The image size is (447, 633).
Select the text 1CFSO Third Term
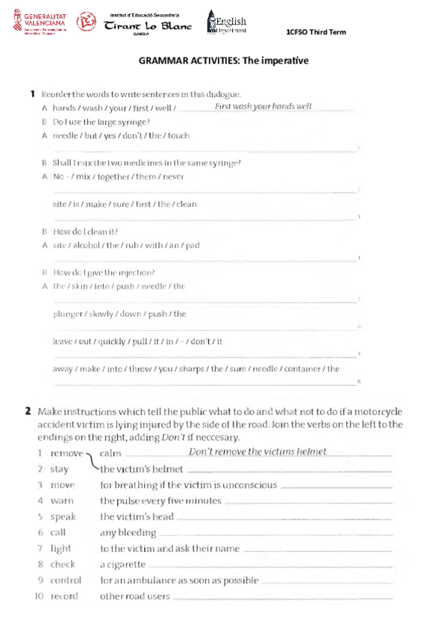pyautogui.click(x=316, y=32)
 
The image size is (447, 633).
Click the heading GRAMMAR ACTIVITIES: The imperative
pyautogui.click(x=223, y=60)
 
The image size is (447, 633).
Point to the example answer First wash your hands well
pyautogui.click(x=263, y=107)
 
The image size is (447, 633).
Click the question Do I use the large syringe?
pyautogui.click(x=101, y=122)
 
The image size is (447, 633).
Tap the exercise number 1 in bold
pyautogui.click(x=33, y=94)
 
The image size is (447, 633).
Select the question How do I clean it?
pyautogui.click(x=86, y=231)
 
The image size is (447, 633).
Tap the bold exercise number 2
pyautogui.click(x=28, y=411)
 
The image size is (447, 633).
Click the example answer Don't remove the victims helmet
pyautogui.click(x=257, y=452)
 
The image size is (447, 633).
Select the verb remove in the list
pyautogui.click(x=66, y=453)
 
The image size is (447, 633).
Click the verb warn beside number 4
pyautogui.click(x=62, y=501)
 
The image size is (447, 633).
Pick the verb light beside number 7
pyautogui.click(x=61, y=549)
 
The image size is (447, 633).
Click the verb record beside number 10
pyautogui.click(x=64, y=596)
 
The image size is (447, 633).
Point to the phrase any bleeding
pyautogui.click(x=128, y=533)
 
